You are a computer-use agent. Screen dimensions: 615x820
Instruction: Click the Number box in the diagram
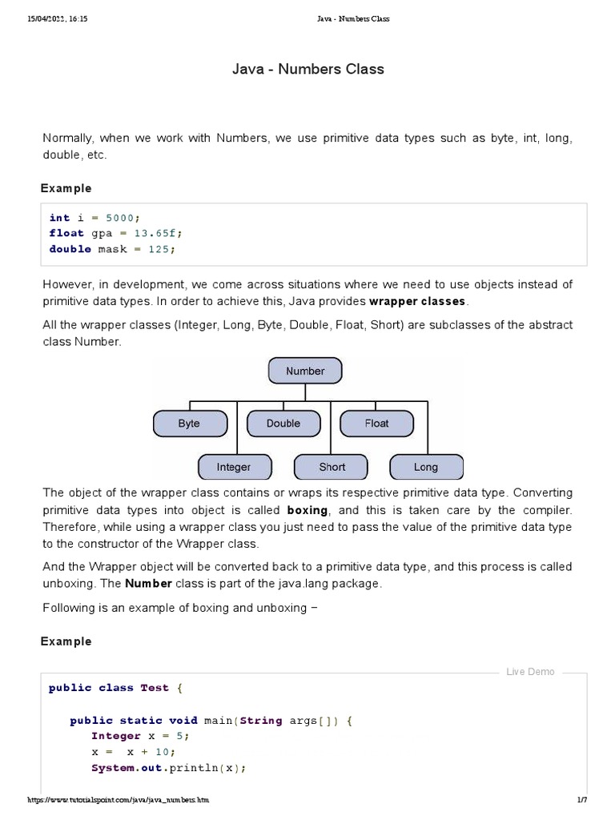tap(305, 371)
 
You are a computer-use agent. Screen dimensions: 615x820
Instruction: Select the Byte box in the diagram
tap(190, 423)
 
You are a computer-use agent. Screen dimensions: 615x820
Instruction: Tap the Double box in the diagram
tap(283, 423)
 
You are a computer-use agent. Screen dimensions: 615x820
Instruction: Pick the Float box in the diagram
tap(376, 423)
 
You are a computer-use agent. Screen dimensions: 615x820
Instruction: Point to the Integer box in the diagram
tap(234, 467)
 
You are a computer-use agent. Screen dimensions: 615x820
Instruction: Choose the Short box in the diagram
tap(332, 467)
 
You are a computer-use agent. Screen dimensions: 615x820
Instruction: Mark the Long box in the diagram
tap(425, 467)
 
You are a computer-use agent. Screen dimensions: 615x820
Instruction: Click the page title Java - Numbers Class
tap(307, 69)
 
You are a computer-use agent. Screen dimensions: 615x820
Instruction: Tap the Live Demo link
tap(530, 672)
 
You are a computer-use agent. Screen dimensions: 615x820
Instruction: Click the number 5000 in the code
tap(121, 218)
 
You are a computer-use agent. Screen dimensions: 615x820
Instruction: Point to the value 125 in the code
tap(158, 249)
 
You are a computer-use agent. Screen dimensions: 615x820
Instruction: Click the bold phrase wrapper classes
tap(416, 301)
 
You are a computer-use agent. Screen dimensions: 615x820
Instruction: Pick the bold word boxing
tap(307, 509)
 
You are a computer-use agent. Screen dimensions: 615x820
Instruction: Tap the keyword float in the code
tap(66, 233)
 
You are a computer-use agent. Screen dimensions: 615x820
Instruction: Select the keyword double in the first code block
tap(70, 249)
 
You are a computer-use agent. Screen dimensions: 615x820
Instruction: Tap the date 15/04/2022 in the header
tap(45, 18)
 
